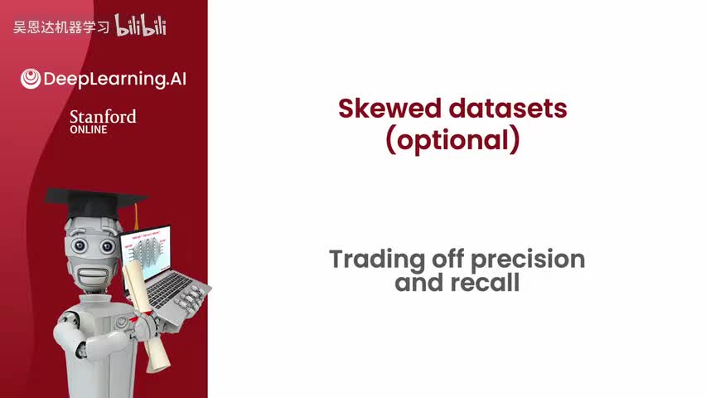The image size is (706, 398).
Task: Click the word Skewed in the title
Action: pyautogui.click(x=389, y=109)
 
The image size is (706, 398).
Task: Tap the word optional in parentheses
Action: pyautogui.click(x=452, y=140)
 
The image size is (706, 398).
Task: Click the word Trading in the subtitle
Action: pyautogui.click(x=377, y=260)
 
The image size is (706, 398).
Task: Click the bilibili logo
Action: pyautogui.click(x=141, y=25)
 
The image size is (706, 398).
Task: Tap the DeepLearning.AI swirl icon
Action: pyautogui.click(x=31, y=79)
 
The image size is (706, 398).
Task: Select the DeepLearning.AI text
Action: pyautogui.click(x=115, y=80)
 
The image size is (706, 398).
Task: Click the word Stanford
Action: pyautogui.click(x=103, y=117)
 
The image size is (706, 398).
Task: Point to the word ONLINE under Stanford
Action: pyautogui.click(x=88, y=129)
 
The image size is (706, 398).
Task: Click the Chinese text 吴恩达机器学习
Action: pyautogui.click(x=61, y=27)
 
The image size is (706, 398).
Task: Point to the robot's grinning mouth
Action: pyautogui.click(x=94, y=274)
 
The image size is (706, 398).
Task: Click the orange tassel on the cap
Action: pyautogui.click(x=136, y=216)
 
